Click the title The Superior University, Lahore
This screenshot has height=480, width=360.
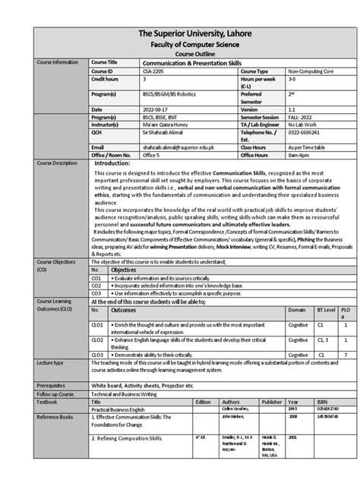point(180,35)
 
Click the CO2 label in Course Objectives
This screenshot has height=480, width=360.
point(96,286)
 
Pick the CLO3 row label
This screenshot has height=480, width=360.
point(97,355)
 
